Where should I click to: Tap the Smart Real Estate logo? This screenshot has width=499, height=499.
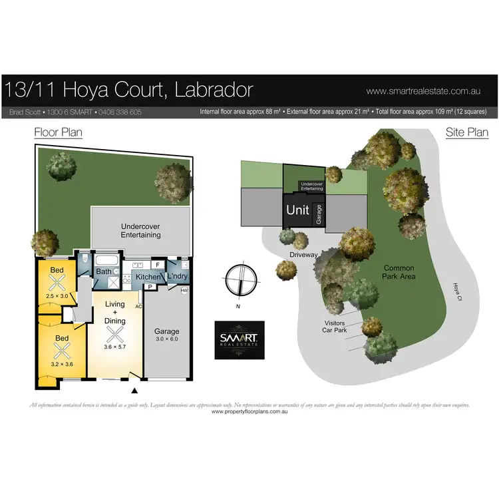click(239, 340)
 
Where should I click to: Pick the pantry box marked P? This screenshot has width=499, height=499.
click(150, 287)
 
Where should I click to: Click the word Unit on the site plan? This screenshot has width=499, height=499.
click(297, 210)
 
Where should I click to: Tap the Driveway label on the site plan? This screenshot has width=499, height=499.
click(303, 254)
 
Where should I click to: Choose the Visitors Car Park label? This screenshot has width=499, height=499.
click(334, 325)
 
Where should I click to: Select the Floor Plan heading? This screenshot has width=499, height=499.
click(59, 132)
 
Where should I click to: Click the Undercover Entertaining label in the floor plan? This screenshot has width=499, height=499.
click(140, 230)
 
